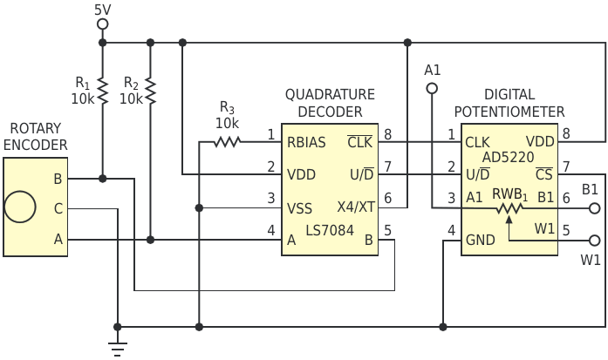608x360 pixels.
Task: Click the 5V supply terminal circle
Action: pyautogui.click(x=102, y=24)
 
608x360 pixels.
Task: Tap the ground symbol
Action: pyautogui.click(x=118, y=349)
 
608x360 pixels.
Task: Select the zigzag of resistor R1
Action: pyautogui.click(x=102, y=92)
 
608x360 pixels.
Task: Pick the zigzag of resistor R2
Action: pyautogui.click(x=150, y=92)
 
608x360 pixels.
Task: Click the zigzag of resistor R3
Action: pyautogui.click(x=227, y=142)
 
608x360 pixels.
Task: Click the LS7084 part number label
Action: pyautogui.click(x=330, y=231)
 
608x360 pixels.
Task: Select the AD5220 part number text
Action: pyautogui.click(x=508, y=157)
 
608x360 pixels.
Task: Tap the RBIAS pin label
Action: pyautogui.click(x=306, y=142)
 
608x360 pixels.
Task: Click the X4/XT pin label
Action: pyautogui.click(x=356, y=207)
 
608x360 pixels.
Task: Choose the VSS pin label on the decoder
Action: pyautogui.click(x=299, y=208)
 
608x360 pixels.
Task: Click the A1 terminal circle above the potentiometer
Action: pyautogui.click(x=432, y=89)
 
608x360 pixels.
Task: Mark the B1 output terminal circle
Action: pyautogui.click(x=595, y=208)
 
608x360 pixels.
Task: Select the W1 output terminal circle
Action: pyautogui.click(x=595, y=241)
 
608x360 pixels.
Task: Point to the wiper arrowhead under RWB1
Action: pyautogui.click(x=509, y=220)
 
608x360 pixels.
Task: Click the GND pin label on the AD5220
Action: pyautogui.click(x=480, y=241)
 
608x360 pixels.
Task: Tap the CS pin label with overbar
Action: pyautogui.click(x=544, y=174)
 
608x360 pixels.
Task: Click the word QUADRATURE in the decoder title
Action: pyautogui.click(x=330, y=94)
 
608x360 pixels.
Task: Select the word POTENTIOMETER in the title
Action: pyautogui.click(x=509, y=112)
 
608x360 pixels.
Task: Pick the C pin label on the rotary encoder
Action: pyautogui.click(x=58, y=208)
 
